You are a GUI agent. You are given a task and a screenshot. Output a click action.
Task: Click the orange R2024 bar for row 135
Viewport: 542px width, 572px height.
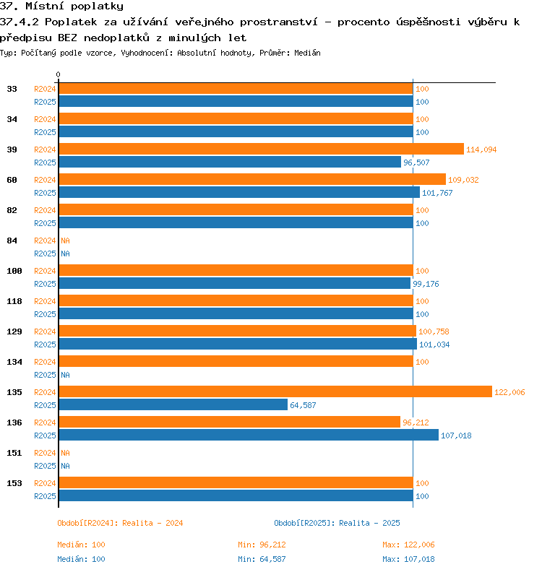pyautogui.click(x=275, y=391)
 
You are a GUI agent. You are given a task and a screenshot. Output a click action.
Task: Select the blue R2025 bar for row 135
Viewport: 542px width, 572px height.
pyautogui.click(x=173, y=404)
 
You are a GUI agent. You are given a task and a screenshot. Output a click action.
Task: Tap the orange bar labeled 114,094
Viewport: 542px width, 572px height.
pyautogui.click(x=262, y=149)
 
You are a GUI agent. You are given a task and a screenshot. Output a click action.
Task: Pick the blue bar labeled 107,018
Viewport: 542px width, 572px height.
pyautogui.click(x=249, y=435)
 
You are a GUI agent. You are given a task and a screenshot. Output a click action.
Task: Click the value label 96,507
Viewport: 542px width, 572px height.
pyautogui.click(x=416, y=162)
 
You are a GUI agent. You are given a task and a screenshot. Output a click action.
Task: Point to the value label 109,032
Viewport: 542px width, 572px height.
pyautogui.click(x=463, y=180)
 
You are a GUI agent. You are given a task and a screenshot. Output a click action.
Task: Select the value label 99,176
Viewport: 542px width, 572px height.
pyautogui.click(x=426, y=284)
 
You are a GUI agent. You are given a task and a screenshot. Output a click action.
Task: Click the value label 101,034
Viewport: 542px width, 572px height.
pyautogui.click(x=434, y=344)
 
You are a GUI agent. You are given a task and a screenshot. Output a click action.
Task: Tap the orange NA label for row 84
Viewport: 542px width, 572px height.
pyautogui.click(x=65, y=240)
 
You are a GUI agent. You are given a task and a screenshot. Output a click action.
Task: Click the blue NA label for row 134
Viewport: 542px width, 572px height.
pyautogui.click(x=65, y=375)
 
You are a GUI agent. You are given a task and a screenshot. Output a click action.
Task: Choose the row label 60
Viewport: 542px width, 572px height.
pyautogui.click(x=12, y=180)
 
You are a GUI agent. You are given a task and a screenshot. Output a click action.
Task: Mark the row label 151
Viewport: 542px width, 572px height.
pyautogui.click(x=14, y=453)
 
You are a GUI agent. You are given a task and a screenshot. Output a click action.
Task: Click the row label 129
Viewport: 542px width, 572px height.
pyautogui.click(x=14, y=331)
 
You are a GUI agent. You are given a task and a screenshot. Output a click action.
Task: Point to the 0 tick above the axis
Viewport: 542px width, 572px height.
pyautogui.click(x=58, y=74)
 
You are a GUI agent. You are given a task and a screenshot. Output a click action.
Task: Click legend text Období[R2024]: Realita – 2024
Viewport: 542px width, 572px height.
pyautogui.click(x=120, y=523)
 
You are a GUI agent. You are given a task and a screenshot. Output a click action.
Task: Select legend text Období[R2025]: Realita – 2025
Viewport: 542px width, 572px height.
pyautogui.click(x=337, y=523)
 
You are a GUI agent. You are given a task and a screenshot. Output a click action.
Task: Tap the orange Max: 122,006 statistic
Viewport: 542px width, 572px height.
pyautogui.click(x=408, y=545)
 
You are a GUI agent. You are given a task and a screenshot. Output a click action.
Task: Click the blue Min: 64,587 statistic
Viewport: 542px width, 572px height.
pyautogui.click(x=262, y=559)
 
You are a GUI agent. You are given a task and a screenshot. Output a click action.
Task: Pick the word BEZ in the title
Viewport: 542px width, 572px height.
pyautogui.click(x=67, y=38)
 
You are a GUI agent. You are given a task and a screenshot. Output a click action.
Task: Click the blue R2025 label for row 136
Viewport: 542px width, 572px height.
pyautogui.click(x=45, y=435)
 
